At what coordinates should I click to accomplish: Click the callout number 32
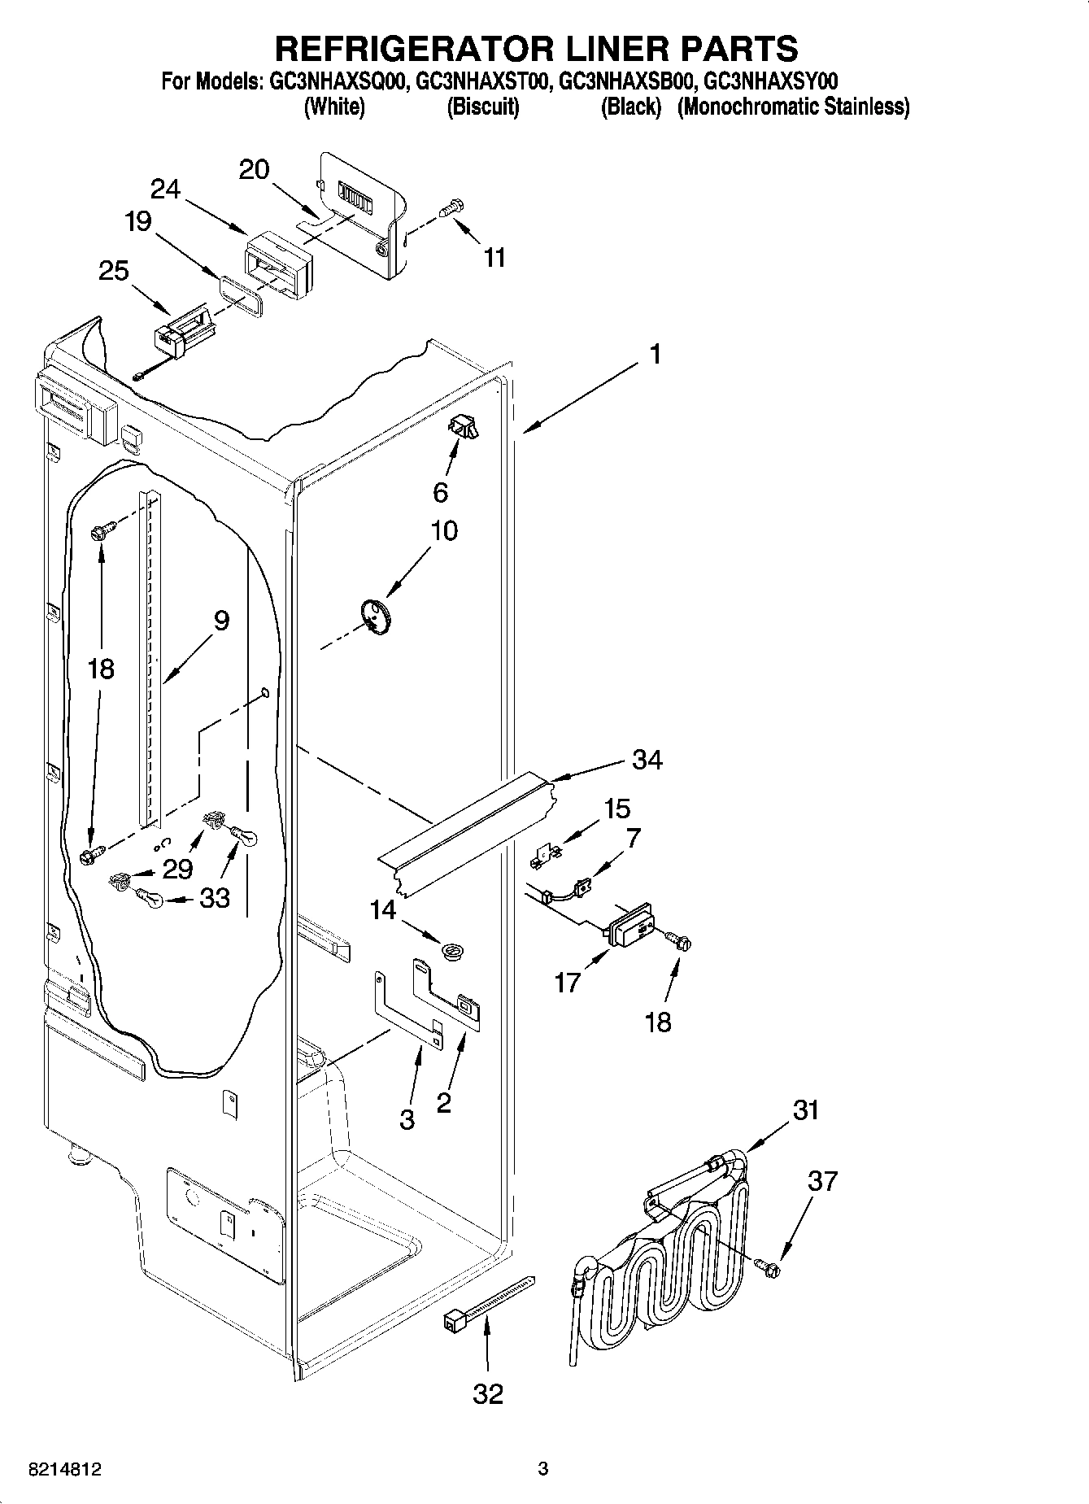click(x=488, y=1394)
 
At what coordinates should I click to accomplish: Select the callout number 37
click(x=821, y=1180)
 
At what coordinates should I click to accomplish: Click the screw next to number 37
click(x=767, y=1266)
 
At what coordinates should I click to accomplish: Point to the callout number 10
click(x=444, y=530)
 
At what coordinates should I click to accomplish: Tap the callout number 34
click(x=647, y=760)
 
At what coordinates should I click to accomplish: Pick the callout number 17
click(x=568, y=983)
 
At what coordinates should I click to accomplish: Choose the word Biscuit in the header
click(x=483, y=107)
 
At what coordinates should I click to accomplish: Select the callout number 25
click(x=114, y=270)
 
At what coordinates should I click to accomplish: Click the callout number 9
click(x=221, y=621)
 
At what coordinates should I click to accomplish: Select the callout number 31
click(x=805, y=1109)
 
